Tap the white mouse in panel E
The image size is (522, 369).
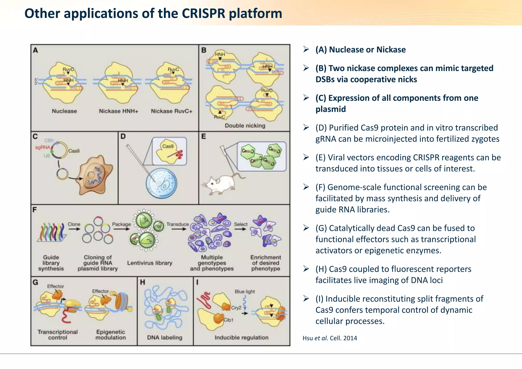221,184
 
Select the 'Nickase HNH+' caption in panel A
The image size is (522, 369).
119,111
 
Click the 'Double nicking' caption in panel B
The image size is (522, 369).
245,126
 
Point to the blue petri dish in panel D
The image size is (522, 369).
162,183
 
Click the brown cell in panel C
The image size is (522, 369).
96,176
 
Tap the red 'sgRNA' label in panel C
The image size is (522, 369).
43,147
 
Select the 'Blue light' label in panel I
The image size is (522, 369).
244,292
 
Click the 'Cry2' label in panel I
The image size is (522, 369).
236,308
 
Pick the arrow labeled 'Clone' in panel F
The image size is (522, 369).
74,229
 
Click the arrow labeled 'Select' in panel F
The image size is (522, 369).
240,229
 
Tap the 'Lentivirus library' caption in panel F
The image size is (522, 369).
150,263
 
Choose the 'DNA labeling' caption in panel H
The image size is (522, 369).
165,337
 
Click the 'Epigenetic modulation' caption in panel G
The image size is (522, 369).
111,335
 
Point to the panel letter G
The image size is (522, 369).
35,282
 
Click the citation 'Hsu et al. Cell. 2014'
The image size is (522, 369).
330,338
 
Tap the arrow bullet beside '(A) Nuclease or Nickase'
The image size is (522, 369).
306,49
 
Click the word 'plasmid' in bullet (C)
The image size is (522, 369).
331,109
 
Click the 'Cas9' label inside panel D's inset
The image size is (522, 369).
168,146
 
